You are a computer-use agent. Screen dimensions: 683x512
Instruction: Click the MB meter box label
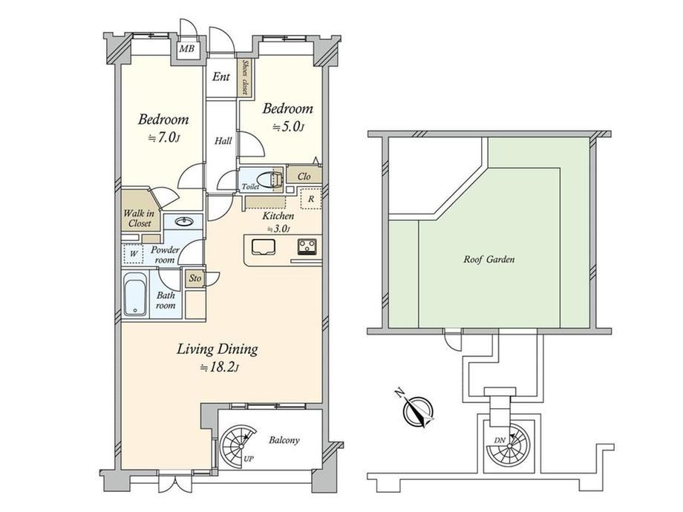click(x=187, y=49)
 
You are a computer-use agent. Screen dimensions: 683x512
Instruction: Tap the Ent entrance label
click(x=220, y=77)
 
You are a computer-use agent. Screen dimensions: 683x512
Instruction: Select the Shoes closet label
click(x=244, y=77)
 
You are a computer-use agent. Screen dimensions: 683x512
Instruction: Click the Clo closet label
click(x=304, y=177)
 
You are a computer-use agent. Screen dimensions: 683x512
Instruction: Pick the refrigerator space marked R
click(x=311, y=199)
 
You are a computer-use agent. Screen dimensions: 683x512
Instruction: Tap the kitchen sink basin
click(x=262, y=247)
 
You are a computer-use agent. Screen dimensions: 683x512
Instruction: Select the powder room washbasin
click(x=185, y=222)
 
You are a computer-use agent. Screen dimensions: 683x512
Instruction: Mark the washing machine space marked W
click(x=134, y=254)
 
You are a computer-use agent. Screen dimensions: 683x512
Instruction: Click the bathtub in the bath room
click(x=135, y=295)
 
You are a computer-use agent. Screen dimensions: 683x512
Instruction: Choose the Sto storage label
click(x=195, y=278)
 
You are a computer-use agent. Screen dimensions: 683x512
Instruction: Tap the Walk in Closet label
click(x=140, y=218)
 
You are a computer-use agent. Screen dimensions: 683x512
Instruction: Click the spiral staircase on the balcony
click(x=238, y=446)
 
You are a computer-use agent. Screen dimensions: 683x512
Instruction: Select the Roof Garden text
click(x=488, y=260)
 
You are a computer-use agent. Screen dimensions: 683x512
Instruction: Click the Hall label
click(x=223, y=141)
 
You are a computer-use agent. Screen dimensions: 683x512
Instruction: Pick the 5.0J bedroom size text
click(x=288, y=127)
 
